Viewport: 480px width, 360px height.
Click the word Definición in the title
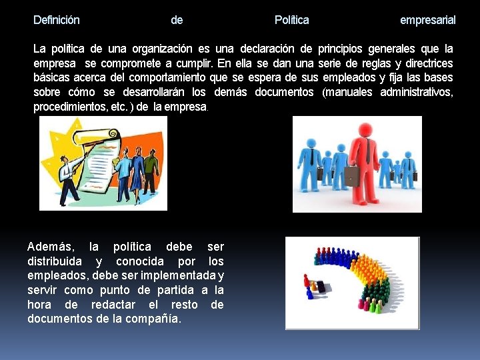pyautogui.click(x=57, y=20)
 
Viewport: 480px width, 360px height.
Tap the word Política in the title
pyautogui.click(x=291, y=20)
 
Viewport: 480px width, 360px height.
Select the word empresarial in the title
pyautogui.click(x=427, y=20)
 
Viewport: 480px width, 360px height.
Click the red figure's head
pyautogui.click(x=364, y=128)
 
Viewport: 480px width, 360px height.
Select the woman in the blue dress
pyautogui.click(x=138, y=170)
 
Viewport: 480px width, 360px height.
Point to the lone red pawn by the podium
pyautogui.click(x=307, y=281)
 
